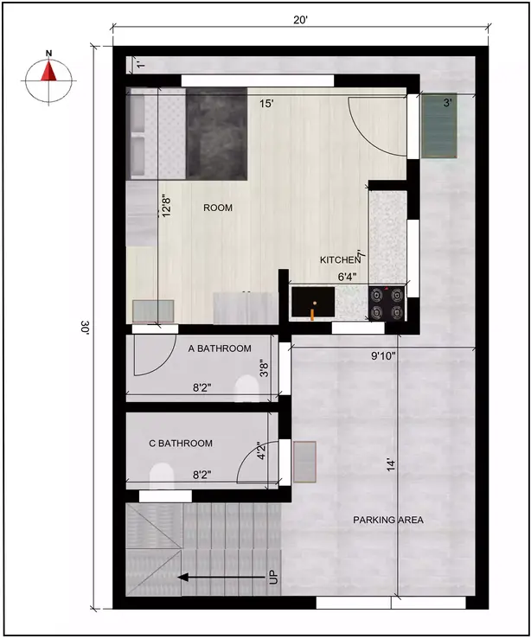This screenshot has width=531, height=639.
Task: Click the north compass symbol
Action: pos(49,74)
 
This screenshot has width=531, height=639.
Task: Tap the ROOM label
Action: pos(218,208)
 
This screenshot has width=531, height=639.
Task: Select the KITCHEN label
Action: pos(339,259)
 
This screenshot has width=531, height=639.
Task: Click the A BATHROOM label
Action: pos(220,348)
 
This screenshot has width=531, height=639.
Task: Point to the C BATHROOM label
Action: pos(181,444)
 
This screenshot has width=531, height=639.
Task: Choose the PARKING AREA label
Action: pos(388,520)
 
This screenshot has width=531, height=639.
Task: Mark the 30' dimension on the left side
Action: pos(86,328)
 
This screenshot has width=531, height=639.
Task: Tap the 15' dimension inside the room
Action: pos(267,104)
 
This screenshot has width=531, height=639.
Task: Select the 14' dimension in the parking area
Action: pos(391,465)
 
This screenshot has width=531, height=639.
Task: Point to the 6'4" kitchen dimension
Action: pos(347,277)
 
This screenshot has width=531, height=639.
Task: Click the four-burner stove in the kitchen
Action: pos(387,303)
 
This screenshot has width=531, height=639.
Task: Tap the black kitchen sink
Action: pos(310,304)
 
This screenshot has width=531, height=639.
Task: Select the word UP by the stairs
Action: pos(274,577)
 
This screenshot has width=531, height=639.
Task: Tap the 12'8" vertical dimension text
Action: pos(166,208)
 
